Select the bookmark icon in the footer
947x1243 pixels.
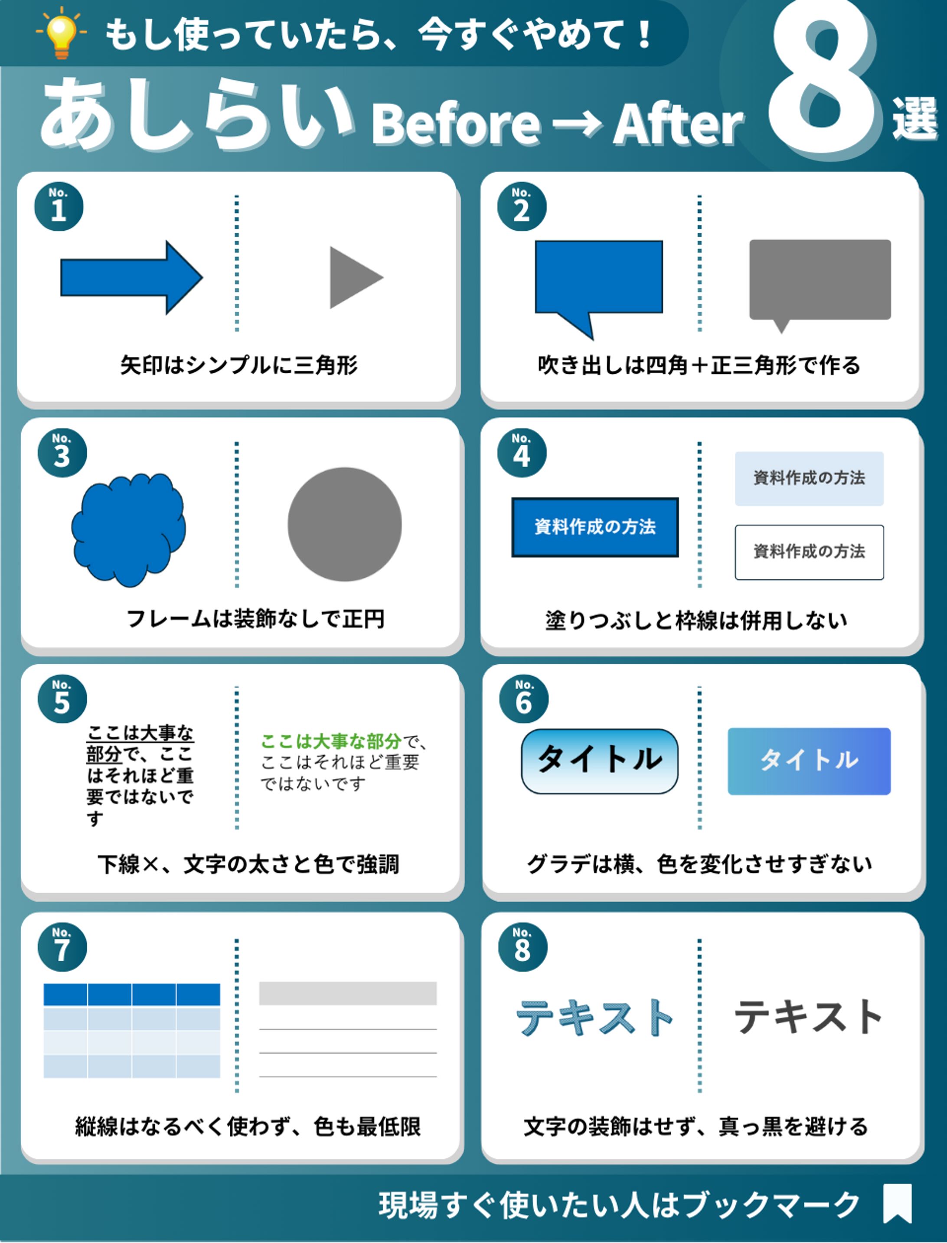pos(898,1203)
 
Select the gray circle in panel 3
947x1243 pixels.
pos(344,524)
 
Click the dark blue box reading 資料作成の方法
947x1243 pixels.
pos(595,527)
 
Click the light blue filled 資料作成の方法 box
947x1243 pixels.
pos(809,478)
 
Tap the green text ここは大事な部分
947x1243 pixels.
pos(331,741)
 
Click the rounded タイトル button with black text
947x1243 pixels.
pos(599,761)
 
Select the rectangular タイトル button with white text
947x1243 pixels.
pos(809,761)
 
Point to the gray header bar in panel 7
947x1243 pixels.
pos(348,993)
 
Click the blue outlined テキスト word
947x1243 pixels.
pos(595,1018)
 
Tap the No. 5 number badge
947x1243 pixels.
pos(62,699)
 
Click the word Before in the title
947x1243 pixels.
pos(455,124)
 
